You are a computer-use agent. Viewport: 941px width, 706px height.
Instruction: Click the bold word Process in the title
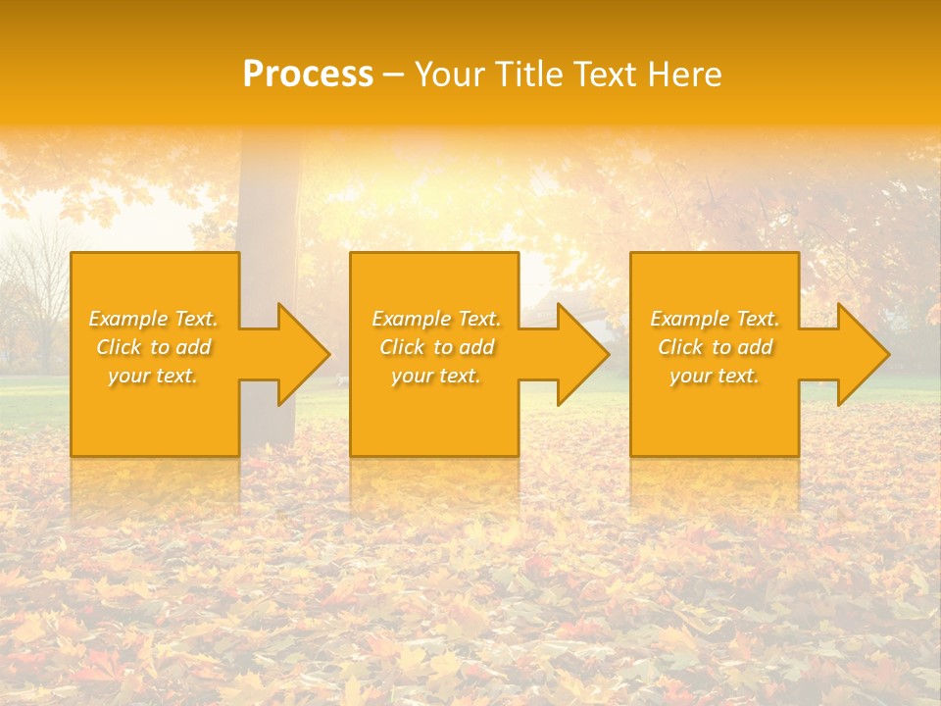[x=308, y=75]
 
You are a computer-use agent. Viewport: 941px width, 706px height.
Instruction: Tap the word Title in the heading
[x=528, y=75]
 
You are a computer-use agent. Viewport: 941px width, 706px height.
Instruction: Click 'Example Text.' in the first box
[x=154, y=319]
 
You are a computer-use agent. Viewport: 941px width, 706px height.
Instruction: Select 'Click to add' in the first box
[x=154, y=347]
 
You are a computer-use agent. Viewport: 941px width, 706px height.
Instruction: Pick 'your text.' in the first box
[x=154, y=376]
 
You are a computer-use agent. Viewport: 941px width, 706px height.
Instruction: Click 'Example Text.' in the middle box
[x=436, y=319]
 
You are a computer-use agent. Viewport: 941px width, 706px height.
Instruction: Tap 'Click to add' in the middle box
[x=436, y=347]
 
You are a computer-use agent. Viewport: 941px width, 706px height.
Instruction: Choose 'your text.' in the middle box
[x=436, y=376]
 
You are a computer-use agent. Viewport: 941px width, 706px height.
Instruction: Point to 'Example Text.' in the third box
[x=715, y=319]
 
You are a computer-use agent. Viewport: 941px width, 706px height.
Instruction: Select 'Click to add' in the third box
[x=715, y=347]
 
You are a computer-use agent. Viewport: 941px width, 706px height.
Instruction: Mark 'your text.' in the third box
[x=715, y=376]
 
